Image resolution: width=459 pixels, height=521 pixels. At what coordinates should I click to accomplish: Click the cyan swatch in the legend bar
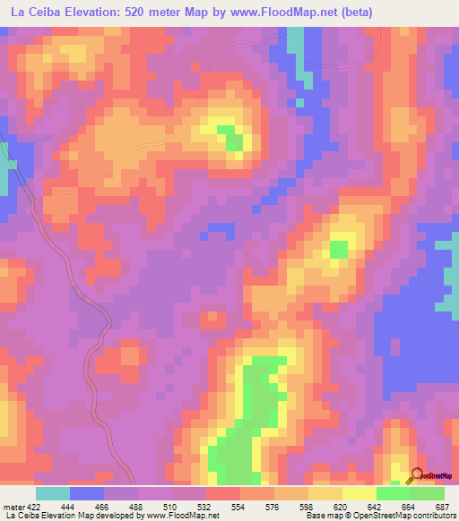(53, 493)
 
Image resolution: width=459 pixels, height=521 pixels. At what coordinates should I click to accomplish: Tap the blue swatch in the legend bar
(87, 493)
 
